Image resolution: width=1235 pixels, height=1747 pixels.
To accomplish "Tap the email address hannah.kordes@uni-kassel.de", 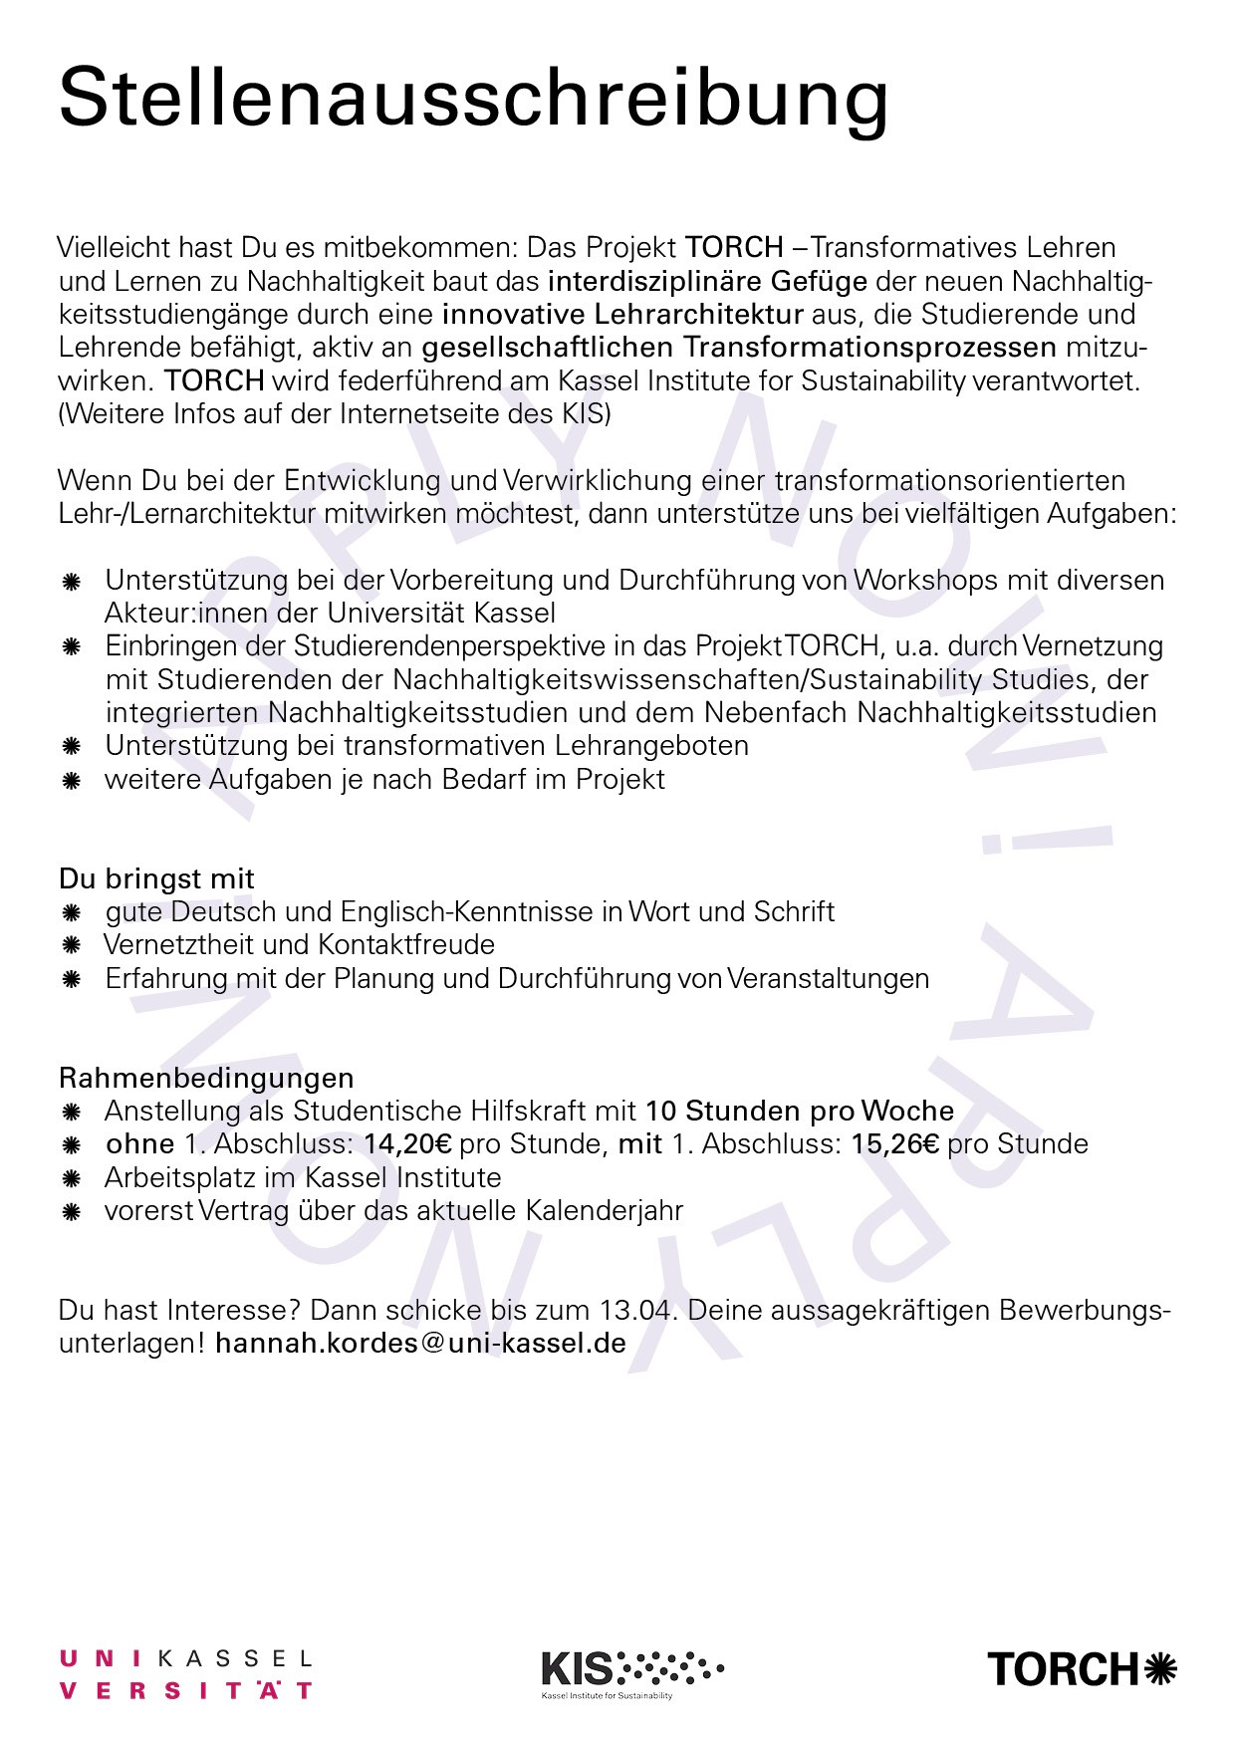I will click(x=420, y=1343).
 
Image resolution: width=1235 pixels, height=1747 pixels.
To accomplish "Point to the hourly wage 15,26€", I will click(x=894, y=1143).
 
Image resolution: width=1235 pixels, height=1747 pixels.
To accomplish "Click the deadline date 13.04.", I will click(x=638, y=1309).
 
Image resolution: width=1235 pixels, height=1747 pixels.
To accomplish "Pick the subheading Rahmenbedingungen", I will click(x=206, y=1078).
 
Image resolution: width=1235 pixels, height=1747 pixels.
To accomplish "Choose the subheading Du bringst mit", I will click(x=156, y=878).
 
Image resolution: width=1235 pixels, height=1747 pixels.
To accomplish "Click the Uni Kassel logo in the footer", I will click(x=186, y=1674).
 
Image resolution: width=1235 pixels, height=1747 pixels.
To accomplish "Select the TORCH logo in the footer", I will click(x=1082, y=1668).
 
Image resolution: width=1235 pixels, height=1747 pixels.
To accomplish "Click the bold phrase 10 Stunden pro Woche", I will click(x=799, y=1111).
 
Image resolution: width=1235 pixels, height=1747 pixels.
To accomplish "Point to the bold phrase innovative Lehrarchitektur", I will click(x=622, y=315).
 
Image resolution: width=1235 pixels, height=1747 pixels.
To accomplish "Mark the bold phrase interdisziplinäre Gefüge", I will click(x=707, y=281).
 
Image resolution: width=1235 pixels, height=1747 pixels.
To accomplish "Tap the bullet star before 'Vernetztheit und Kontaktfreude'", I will click(x=71, y=945).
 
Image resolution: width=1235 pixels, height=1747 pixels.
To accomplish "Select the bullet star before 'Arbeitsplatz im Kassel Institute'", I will click(x=71, y=1178).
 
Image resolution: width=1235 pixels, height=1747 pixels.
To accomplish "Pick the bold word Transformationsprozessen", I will click(x=869, y=348).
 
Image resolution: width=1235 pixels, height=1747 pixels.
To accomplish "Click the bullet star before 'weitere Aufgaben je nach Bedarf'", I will click(x=71, y=780).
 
